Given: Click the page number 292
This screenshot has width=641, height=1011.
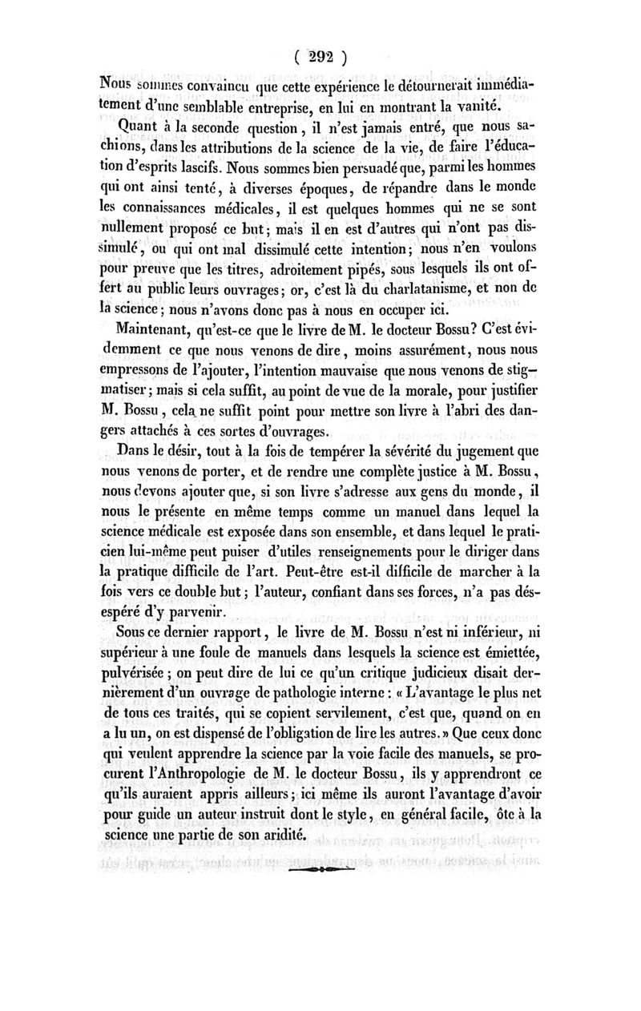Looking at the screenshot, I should [320, 58].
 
